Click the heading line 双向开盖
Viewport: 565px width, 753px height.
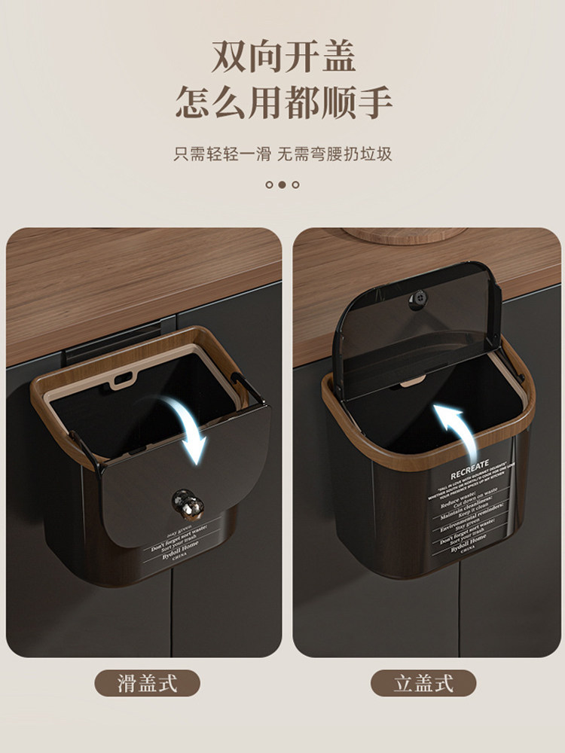tap(282, 57)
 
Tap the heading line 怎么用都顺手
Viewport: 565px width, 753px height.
tap(282, 102)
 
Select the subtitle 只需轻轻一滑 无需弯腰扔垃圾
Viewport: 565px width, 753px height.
tap(282, 155)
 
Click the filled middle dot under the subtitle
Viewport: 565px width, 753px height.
tap(282, 184)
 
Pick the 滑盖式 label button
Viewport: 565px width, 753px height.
tap(147, 684)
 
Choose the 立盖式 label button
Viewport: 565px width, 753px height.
tap(423, 684)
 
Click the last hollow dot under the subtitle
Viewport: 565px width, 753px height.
tap(295, 184)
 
